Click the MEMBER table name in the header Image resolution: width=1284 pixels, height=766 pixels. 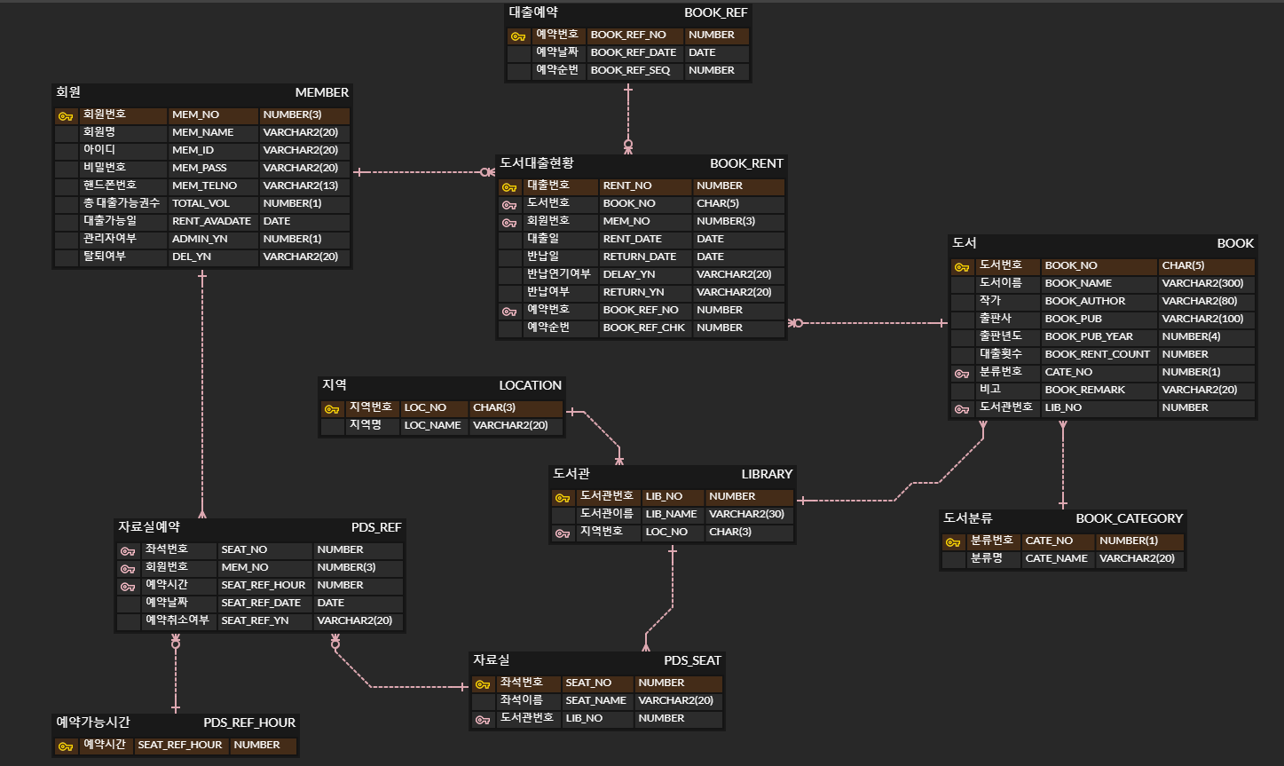tap(321, 92)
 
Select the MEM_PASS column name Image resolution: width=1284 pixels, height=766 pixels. tap(199, 168)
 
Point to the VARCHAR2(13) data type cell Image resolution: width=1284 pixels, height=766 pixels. tap(300, 186)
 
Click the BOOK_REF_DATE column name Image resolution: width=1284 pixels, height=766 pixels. tap(633, 52)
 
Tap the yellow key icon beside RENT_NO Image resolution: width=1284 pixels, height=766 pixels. tap(508, 186)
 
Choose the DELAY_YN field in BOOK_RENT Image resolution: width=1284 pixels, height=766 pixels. tap(628, 274)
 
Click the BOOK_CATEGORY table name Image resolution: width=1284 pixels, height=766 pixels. tap(1129, 518)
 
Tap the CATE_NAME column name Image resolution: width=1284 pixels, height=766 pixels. tap(1056, 558)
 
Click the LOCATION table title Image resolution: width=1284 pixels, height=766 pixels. tap(530, 385)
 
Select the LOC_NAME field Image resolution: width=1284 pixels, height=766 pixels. tap(432, 425)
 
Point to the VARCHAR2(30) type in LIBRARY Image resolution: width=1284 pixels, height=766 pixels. tap(746, 514)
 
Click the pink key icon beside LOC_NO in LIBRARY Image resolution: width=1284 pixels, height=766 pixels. tap(562, 533)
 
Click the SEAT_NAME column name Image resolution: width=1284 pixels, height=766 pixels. tap(595, 700)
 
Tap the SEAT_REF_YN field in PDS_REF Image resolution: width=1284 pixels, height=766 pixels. tap(255, 620)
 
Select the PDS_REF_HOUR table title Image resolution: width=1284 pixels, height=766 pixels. tap(249, 723)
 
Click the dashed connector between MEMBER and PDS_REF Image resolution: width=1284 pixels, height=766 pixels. tap(202, 391)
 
